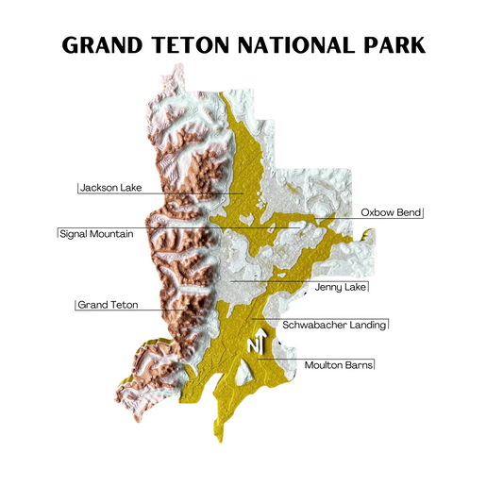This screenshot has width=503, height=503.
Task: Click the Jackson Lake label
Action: pos(110,188)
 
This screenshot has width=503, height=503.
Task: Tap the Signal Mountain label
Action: pos(95,233)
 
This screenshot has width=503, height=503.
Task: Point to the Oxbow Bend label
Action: pos(391,213)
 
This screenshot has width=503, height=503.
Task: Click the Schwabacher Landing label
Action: pos(335,325)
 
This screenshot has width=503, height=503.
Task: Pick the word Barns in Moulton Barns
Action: pos(359,363)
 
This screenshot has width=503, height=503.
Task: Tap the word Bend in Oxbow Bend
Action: pos(408,213)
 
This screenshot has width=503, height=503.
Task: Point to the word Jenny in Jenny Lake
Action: pos(327,286)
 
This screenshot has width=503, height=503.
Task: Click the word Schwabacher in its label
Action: pos(314,325)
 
